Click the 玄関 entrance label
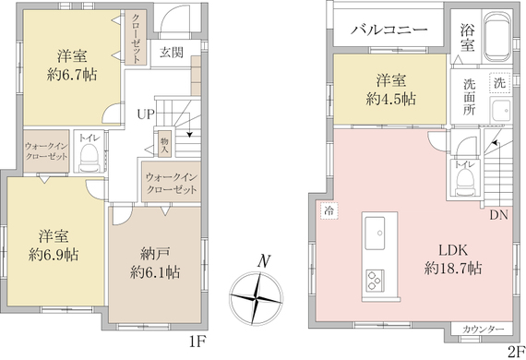[172, 53]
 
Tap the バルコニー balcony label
[389, 30]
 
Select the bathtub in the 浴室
[497, 37]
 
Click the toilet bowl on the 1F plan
[89, 157]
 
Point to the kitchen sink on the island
[375, 234]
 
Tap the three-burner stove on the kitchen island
[375, 280]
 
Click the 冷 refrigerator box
[329, 211]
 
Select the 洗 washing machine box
[500, 83]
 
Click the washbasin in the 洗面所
[500, 111]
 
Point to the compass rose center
[256, 298]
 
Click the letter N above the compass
[264, 260]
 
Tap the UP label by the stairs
[146, 114]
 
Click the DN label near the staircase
[499, 215]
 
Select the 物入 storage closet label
[164, 146]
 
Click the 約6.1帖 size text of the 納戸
[155, 272]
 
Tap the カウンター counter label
[483, 330]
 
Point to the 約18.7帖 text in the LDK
[453, 268]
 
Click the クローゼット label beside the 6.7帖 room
[136, 39]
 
